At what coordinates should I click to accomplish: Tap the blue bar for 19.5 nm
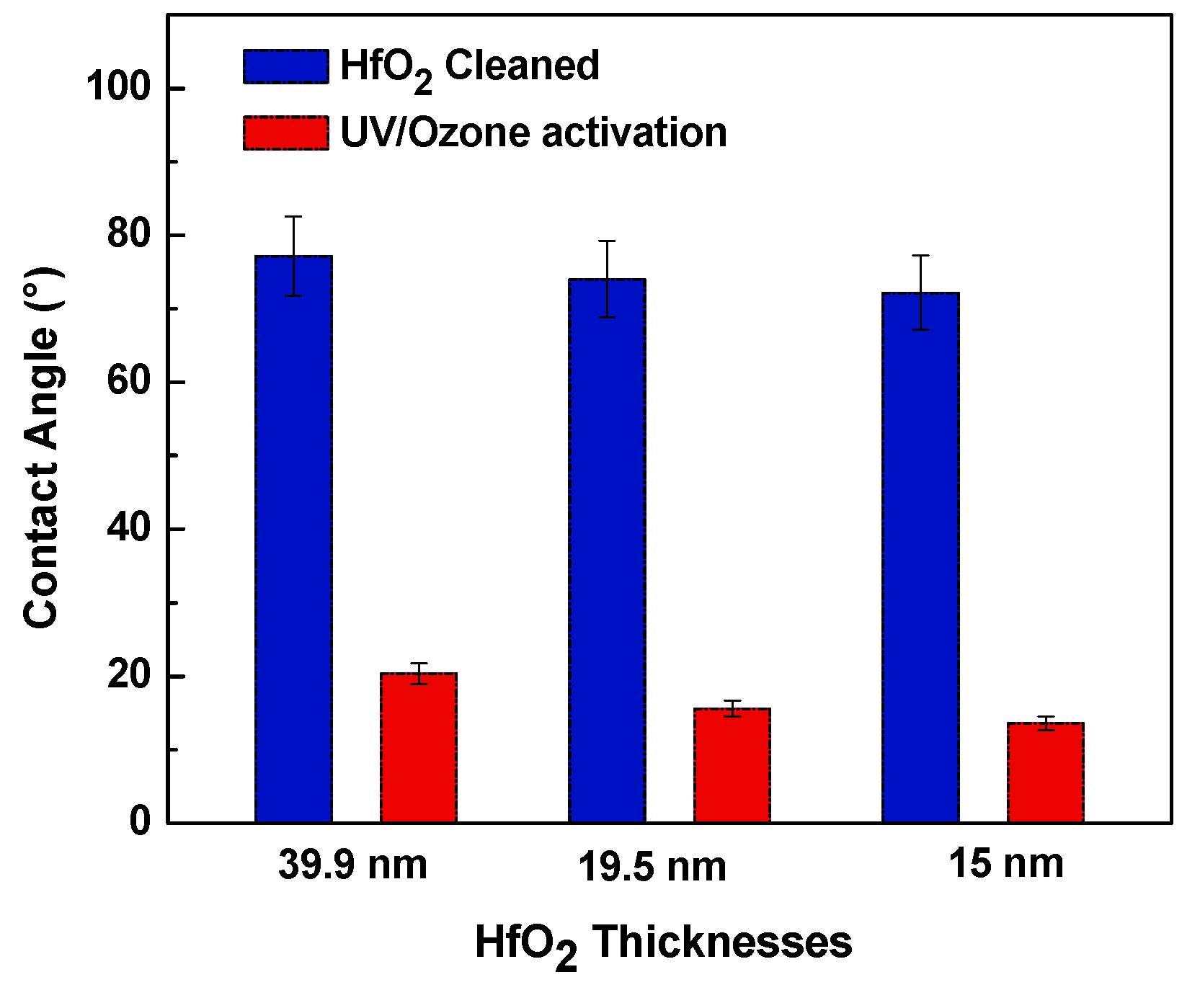pos(607,550)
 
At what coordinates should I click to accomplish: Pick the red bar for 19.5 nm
pos(732,765)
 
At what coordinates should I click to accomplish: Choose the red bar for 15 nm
pos(1045,772)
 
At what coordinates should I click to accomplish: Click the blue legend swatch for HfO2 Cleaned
pos(286,66)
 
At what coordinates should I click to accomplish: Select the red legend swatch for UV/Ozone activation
pos(286,133)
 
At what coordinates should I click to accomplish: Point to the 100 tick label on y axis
pos(118,88)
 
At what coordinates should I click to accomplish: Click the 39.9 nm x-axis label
pos(352,864)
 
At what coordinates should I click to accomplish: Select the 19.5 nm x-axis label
pos(652,867)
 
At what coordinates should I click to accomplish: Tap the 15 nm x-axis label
pos(1005,863)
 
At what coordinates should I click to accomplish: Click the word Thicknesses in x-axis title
pos(723,942)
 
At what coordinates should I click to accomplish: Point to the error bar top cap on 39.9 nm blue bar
pos(293,216)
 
